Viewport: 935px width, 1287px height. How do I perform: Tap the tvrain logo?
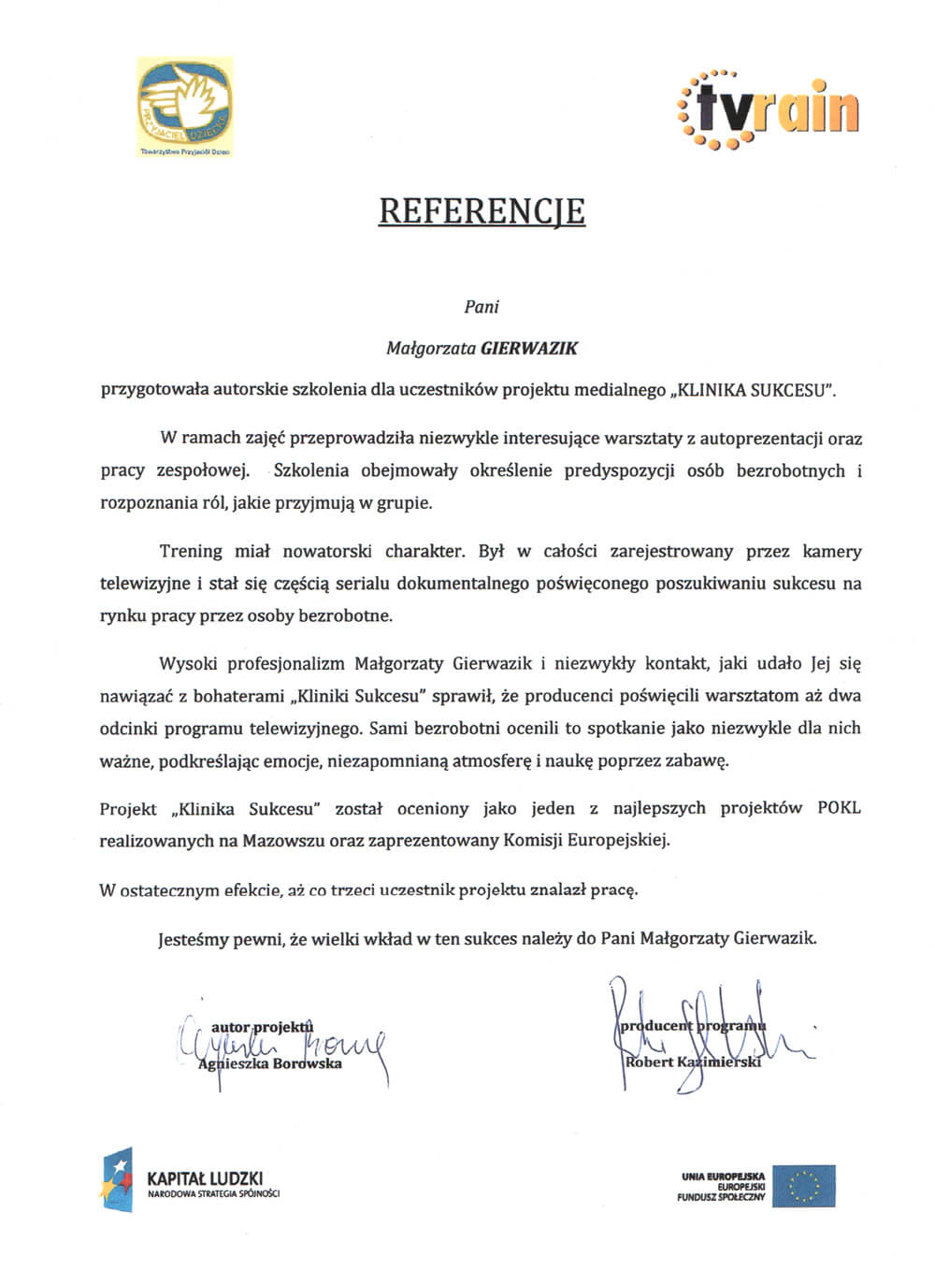pyautogui.click(x=766, y=108)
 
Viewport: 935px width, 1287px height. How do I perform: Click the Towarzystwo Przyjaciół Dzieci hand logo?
pyautogui.click(x=185, y=102)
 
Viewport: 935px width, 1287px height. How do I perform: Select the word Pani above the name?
pyautogui.click(x=482, y=306)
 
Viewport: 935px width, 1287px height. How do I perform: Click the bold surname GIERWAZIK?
pyautogui.click(x=529, y=349)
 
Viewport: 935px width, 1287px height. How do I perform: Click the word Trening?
pyautogui.click(x=191, y=551)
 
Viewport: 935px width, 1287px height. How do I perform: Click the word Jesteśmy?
pyautogui.click(x=193, y=937)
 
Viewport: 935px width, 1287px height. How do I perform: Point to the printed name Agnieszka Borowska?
pyautogui.click(x=270, y=1063)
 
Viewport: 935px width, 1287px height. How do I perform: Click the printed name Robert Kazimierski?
pyautogui.click(x=693, y=1062)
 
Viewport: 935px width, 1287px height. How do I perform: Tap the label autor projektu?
pyautogui.click(x=262, y=1027)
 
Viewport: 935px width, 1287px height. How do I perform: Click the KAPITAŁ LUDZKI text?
pyautogui.click(x=206, y=1178)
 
